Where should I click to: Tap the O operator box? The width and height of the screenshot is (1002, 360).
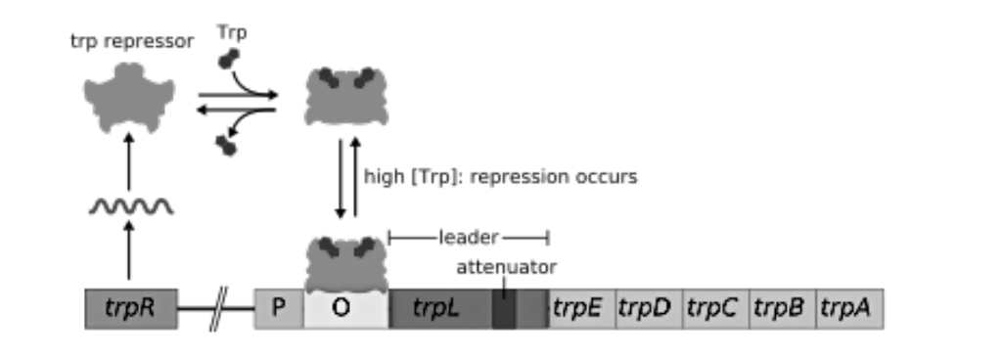tap(341, 309)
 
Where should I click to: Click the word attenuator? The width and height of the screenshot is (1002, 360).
tap(506, 266)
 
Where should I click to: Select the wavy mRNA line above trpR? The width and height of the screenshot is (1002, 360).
tap(131, 207)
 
